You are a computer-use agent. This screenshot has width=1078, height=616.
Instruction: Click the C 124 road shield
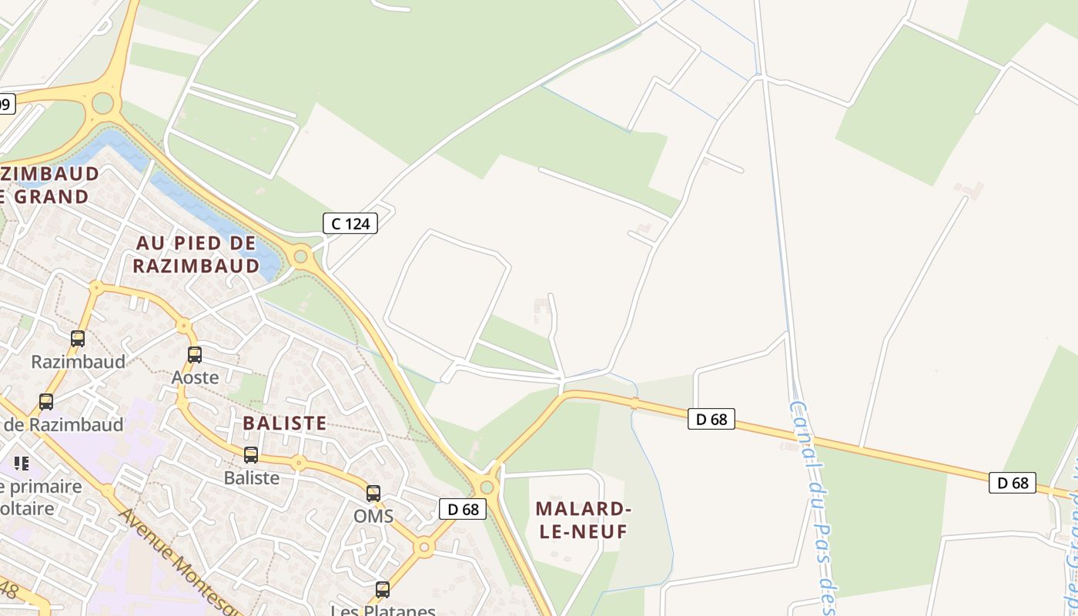350,223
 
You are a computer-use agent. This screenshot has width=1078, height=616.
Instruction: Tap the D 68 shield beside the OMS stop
463,508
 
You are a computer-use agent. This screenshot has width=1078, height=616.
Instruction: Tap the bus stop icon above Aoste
195,355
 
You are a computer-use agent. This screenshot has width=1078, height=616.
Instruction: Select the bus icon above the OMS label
373,494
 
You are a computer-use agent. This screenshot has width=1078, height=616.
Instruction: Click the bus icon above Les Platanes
383,590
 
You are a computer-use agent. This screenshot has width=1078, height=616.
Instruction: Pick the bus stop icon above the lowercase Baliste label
251,455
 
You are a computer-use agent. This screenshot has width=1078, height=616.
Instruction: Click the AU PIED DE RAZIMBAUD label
196,254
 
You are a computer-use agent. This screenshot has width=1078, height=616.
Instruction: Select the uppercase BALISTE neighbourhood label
285,423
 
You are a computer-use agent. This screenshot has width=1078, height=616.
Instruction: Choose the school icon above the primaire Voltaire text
22,464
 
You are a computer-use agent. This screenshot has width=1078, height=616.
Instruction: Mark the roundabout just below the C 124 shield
301,256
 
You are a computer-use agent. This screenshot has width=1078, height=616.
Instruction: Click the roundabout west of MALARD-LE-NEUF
486,487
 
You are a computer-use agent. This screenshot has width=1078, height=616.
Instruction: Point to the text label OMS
373,516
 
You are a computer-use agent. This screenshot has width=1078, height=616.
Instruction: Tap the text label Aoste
195,377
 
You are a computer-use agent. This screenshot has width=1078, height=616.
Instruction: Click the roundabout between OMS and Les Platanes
423,547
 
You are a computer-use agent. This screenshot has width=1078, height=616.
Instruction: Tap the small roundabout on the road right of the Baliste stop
299,464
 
